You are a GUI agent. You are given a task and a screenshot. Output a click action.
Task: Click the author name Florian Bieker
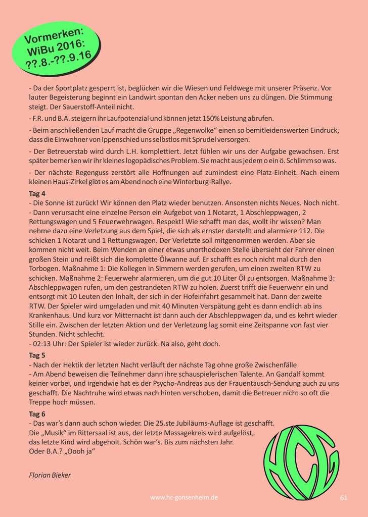point(50,475)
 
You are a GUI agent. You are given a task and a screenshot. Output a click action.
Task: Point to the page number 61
point(344,497)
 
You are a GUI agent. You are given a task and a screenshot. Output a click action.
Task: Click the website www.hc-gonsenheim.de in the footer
point(185,497)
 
